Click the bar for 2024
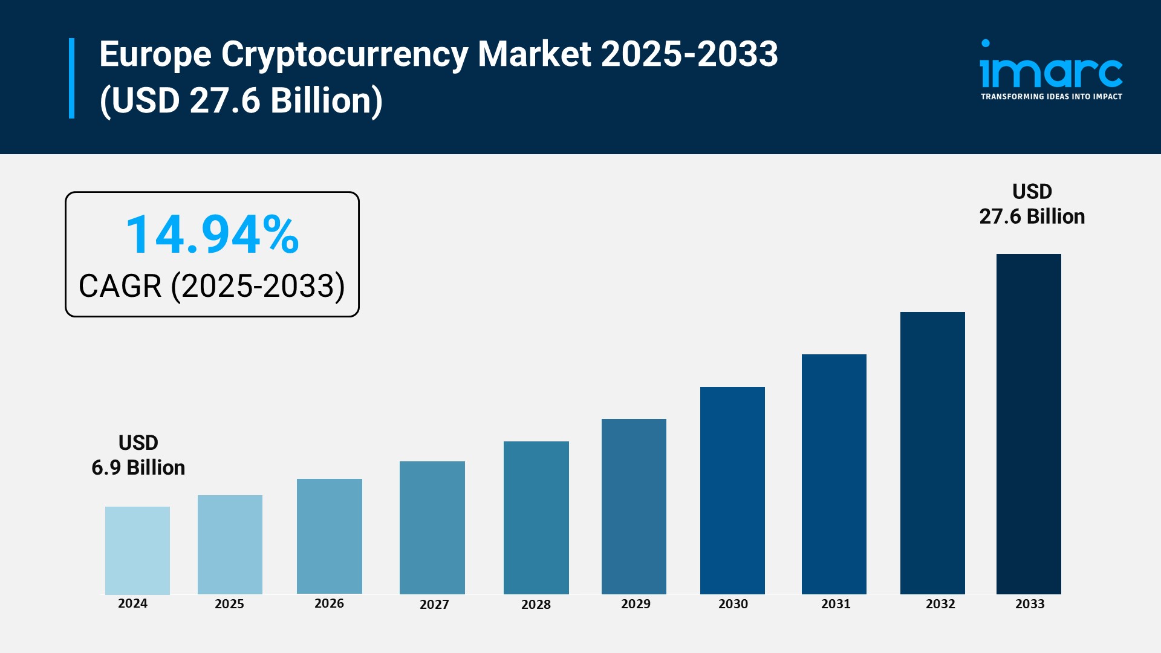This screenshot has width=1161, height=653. coord(137,550)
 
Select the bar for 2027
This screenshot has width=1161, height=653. coord(432,527)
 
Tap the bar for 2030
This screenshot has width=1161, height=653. coord(732,490)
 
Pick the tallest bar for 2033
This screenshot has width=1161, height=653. coord(1029,424)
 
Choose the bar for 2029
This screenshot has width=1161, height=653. coord(634,506)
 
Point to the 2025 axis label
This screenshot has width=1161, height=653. coord(229,604)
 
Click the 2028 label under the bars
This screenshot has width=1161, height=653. coord(536,605)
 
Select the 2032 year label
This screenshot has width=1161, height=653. coord(940,604)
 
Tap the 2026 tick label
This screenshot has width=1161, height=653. coord(329,603)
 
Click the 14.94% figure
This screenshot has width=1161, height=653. coord(212,235)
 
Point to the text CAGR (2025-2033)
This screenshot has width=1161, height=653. coord(212,286)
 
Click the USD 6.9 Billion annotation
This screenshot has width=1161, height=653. coord(138,455)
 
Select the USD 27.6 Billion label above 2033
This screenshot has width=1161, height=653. coord(1032,204)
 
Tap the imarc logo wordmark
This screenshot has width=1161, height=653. coord(1051,68)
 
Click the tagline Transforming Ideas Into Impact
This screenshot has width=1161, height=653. coord(1051,97)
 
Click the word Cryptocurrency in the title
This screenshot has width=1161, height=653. coord(345,54)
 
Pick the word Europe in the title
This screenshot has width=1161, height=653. coord(155,54)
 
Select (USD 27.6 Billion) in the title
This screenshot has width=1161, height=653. coord(241,100)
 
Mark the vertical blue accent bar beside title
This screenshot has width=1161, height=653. coord(72,78)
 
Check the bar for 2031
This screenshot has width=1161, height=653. coord(834,474)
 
